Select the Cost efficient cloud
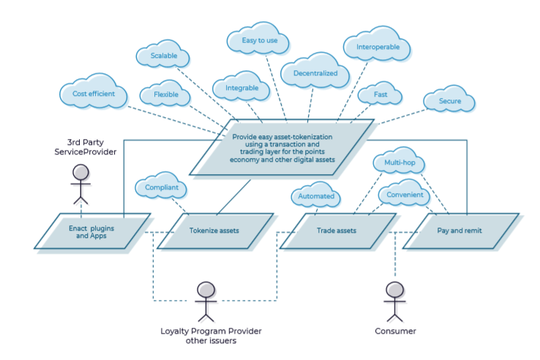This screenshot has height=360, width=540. coord(93,94)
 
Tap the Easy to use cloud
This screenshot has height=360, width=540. coord(260,41)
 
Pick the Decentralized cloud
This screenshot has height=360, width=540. coord(315,73)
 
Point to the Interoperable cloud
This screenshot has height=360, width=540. coord(377,48)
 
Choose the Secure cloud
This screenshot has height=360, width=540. coord(449,100)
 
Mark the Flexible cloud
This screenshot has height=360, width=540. coord(165,95)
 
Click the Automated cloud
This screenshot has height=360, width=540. coord(316,196)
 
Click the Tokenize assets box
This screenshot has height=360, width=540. coord(215,230)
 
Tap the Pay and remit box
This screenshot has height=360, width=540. coord(460,230)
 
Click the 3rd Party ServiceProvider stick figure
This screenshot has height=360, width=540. coord(80,183)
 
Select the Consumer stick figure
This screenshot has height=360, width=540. coord(394,300)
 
